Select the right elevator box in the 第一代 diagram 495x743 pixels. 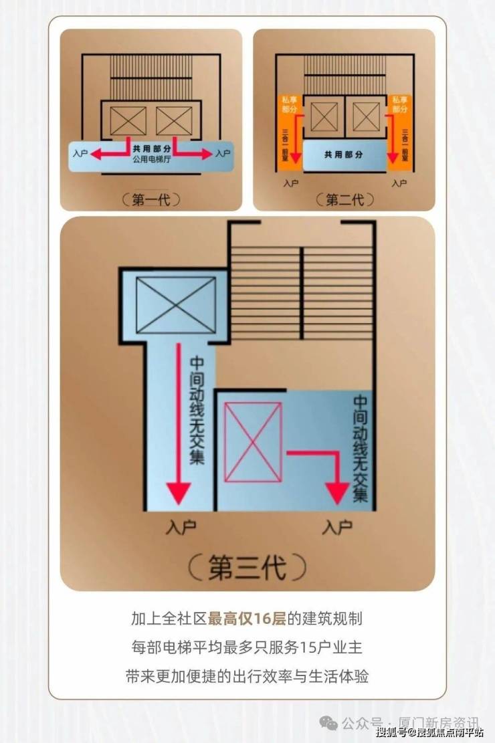click(x=174, y=120)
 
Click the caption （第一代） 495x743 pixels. click(x=151, y=199)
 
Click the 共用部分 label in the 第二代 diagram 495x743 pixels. click(x=343, y=154)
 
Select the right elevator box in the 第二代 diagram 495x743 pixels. click(x=366, y=117)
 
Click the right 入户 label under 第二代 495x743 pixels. click(x=399, y=183)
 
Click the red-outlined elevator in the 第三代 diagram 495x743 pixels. click(x=252, y=442)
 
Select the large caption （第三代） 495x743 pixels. click(x=247, y=566)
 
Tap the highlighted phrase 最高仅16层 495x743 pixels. click(x=246, y=619)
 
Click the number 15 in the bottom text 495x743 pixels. click(x=307, y=647)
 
